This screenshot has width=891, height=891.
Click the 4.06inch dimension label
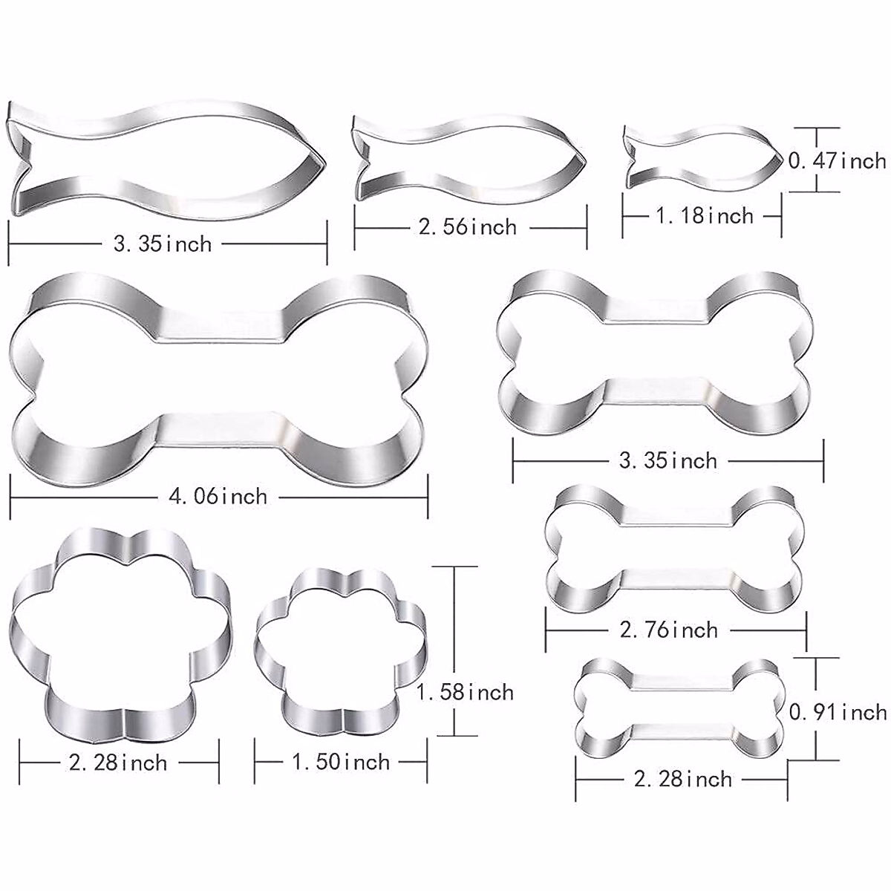(215, 496)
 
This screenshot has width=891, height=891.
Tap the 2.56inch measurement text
(467, 226)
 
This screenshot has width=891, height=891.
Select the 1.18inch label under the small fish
(704, 216)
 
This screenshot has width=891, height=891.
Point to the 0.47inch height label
(837, 160)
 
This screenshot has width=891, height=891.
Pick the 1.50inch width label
(341, 762)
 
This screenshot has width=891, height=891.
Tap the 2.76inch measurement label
(669, 630)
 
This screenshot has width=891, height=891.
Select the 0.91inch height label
(838, 712)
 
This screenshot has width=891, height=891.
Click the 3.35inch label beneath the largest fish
(162, 244)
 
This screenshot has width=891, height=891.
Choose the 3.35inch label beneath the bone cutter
(668, 460)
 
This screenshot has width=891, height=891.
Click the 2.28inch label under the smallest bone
(682, 779)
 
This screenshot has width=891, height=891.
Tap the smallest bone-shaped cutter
(680, 705)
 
